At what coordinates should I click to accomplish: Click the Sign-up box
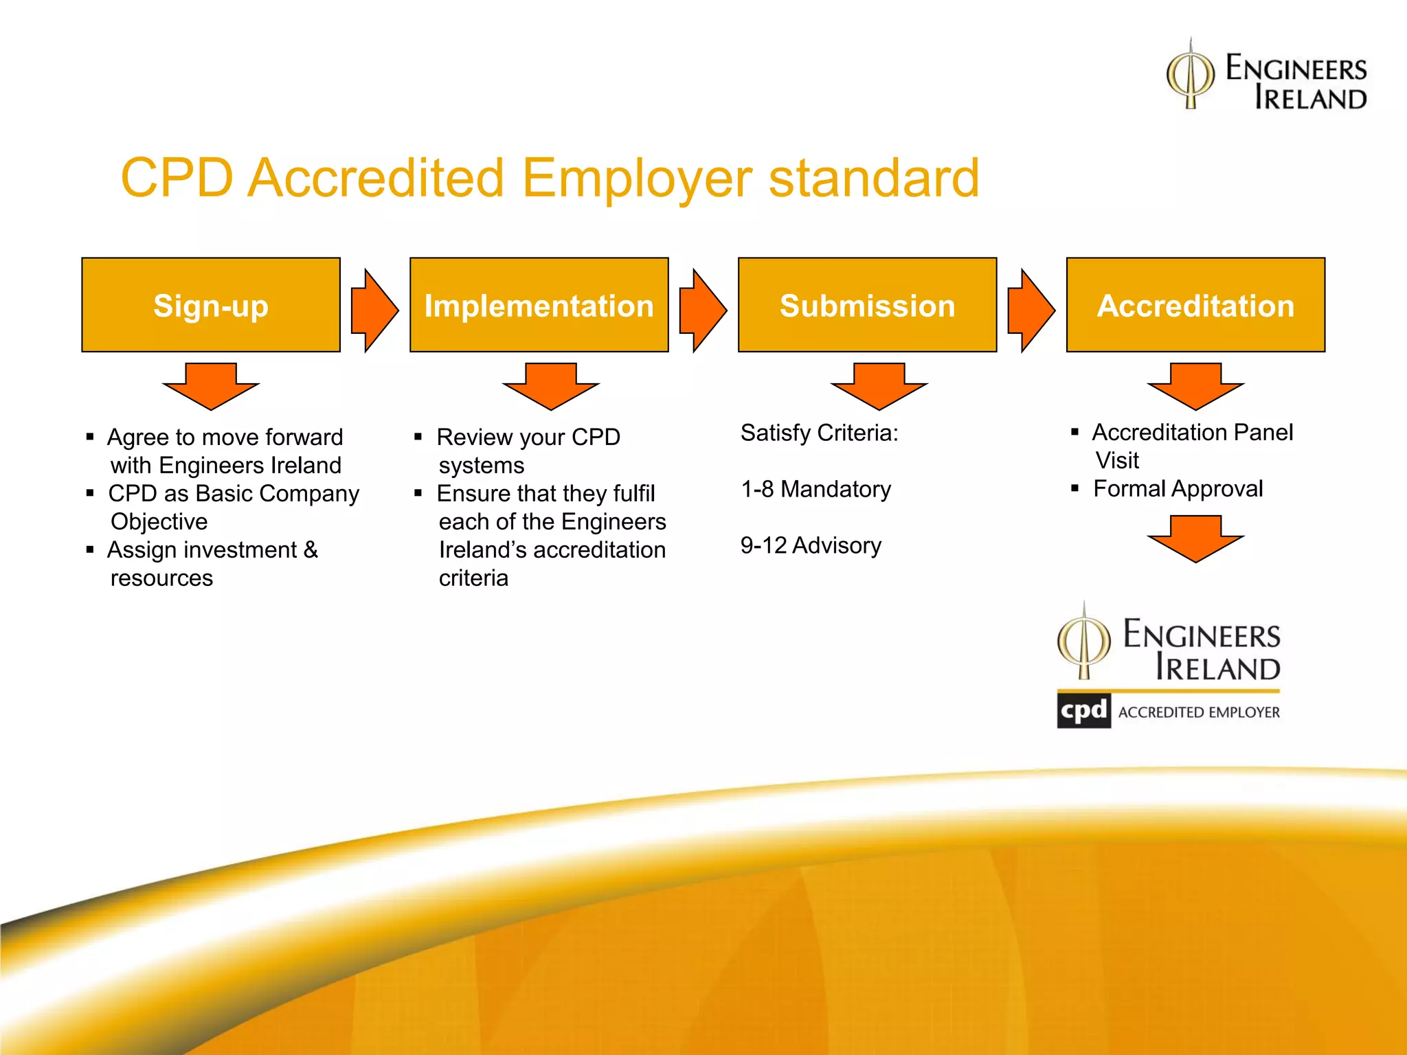pos(211,305)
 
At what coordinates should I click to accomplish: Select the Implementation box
pos(539,305)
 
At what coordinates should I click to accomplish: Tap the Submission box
pos(867,305)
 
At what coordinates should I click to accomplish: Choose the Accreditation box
pos(1195,305)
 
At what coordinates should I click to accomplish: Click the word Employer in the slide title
pos(636,178)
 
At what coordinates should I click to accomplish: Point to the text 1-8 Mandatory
pos(815,489)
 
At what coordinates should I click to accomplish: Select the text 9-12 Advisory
pos(811,545)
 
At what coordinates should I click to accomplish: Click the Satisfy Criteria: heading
pos(819,433)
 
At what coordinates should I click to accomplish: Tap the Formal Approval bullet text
pos(1178,488)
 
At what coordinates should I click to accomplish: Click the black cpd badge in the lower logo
pos(1083,711)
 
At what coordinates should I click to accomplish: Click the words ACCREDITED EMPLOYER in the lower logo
pos(1199,712)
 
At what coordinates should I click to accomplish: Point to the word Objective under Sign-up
pos(159,521)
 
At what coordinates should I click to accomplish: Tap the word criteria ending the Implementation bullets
pos(473,578)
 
